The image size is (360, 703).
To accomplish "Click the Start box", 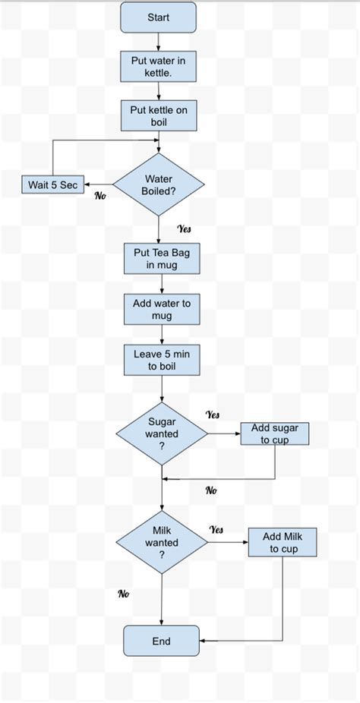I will [x=158, y=17].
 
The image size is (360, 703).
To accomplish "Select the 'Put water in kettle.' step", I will [x=159, y=67].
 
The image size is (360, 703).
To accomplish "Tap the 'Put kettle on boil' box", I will [x=159, y=116].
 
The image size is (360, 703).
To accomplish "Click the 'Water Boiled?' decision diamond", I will [x=159, y=184].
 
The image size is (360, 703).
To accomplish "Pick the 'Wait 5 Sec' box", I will [x=52, y=184].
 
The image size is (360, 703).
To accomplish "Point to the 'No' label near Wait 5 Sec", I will [x=99, y=196].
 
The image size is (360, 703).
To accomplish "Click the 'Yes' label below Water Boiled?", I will [x=184, y=229].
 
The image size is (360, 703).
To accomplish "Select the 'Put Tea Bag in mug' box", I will [x=162, y=259].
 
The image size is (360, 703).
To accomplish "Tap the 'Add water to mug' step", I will [x=162, y=310].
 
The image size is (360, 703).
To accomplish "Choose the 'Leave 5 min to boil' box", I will [x=162, y=360].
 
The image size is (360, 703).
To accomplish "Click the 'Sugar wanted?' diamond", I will [x=162, y=434].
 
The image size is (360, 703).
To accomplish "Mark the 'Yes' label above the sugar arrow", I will [x=213, y=415].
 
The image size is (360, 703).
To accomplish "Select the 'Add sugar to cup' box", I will [x=275, y=434].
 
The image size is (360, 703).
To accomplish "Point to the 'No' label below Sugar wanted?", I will [x=211, y=490].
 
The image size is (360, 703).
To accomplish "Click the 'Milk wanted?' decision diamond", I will [x=162, y=543].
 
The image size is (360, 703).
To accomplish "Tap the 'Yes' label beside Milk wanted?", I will [x=216, y=529].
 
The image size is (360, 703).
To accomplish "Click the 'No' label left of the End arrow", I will [x=123, y=594].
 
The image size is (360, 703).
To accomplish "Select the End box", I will [x=161, y=642].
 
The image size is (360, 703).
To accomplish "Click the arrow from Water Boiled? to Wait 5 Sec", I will [x=98, y=184].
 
